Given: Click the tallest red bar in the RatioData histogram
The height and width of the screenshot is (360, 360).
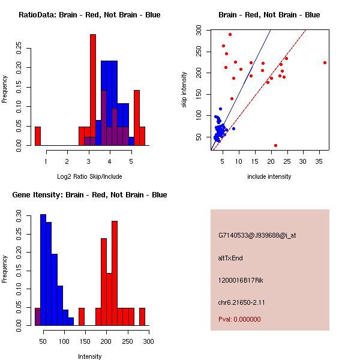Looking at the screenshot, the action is click(93, 90).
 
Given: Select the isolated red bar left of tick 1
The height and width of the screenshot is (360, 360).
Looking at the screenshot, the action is click(38, 136).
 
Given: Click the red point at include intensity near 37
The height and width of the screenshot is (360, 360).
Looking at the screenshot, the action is click(325, 62).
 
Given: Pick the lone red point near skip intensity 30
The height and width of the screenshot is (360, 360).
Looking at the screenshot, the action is click(276, 145).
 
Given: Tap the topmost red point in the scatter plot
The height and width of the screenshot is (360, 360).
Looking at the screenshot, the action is click(230, 35).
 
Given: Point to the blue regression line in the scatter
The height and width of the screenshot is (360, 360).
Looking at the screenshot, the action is click(241, 90).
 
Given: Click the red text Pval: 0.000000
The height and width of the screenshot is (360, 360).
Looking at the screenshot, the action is click(239, 319).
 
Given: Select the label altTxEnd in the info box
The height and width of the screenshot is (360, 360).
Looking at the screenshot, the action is click(230, 258).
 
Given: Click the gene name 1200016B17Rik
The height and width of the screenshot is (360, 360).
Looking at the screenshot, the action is click(241, 280).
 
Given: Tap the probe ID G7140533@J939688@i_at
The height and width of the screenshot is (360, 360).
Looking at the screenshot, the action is click(257, 235).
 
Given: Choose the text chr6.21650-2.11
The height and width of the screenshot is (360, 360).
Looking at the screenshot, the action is click(241, 302).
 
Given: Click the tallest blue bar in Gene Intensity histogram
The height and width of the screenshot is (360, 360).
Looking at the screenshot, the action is click(43, 270).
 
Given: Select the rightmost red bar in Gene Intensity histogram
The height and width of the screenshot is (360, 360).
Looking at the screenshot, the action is click(142, 317).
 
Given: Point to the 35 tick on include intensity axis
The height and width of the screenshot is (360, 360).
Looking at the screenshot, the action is click(319, 161).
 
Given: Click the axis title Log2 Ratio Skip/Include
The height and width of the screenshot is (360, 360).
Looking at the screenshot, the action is click(89, 176).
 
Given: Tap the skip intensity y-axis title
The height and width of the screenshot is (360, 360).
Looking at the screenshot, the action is click(184, 90).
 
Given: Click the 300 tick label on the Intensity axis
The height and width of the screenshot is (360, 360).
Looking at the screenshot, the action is click(149, 341).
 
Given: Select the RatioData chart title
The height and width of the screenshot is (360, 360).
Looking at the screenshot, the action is click(89, 15).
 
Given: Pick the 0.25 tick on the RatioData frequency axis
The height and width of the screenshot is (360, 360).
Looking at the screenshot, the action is click(19, 48).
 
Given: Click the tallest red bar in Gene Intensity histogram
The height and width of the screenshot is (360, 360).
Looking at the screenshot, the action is click(115, 273).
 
